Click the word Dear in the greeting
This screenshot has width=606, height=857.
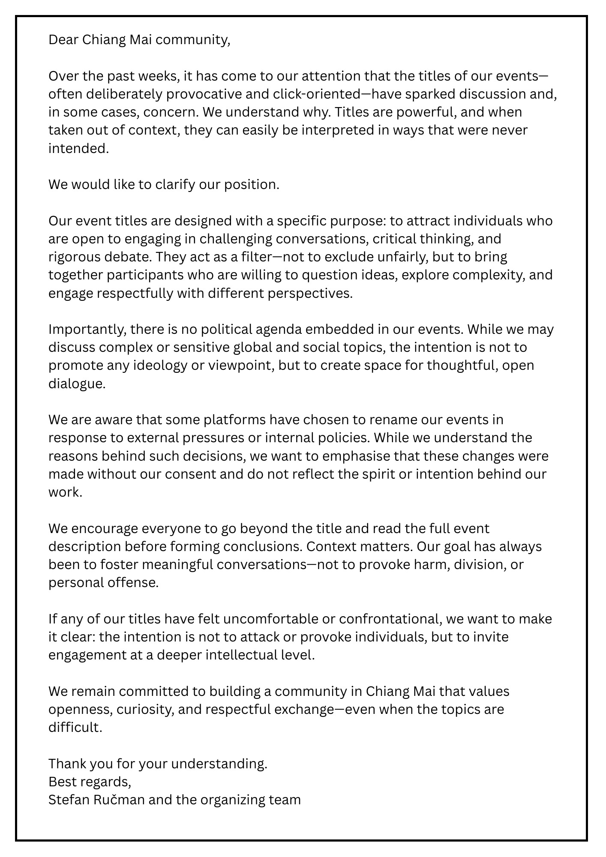(63, 40)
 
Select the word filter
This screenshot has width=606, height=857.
(257, 257)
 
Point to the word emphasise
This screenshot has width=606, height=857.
(356, 456)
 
